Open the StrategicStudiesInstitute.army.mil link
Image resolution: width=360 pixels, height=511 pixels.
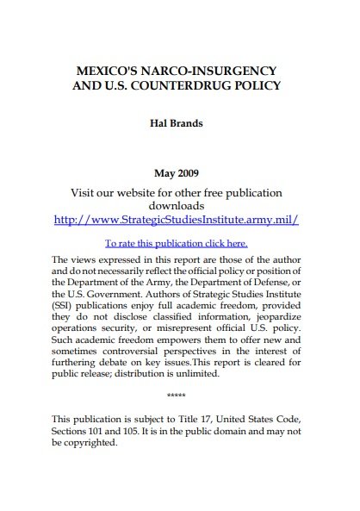pos(176,220)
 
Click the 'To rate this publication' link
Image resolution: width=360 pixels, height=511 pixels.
pos(176,243)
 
